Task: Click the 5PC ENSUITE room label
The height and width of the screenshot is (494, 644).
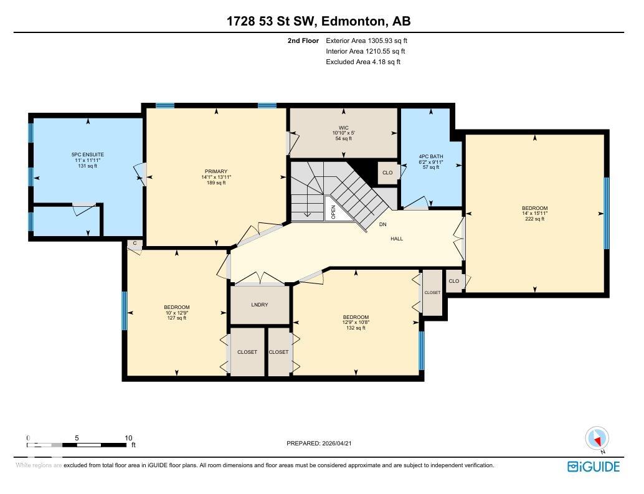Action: click(87, 154)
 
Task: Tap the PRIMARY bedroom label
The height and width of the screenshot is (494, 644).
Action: click(216, 171)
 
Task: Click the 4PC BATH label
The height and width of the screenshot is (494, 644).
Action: click(431, 156)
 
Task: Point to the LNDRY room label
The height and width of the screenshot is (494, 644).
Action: click(260, 305)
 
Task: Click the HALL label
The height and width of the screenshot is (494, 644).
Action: click(397, 239)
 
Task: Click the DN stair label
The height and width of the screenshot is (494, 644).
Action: click(382, 225)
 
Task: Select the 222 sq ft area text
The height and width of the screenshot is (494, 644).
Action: click(534, 219)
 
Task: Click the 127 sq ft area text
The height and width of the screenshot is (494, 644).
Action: click(177, 318)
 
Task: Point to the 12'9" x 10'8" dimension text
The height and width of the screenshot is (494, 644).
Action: click(356, 322)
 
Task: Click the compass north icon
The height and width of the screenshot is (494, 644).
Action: click(597, 438)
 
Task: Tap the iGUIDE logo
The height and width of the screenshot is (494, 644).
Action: click(594, 467)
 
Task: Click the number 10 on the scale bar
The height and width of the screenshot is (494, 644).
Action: click(128, 438)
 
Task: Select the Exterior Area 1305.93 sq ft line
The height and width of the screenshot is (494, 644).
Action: click(366, 40)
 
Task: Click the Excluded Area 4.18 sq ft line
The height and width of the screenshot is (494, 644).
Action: click(362, 62)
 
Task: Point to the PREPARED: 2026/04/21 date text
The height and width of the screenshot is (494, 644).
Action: click(323, 444)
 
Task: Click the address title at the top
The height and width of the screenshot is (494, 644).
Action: click(318, 22)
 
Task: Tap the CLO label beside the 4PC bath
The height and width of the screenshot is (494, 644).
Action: click(387, 173)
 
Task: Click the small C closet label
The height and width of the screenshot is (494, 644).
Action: click(134, 244)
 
